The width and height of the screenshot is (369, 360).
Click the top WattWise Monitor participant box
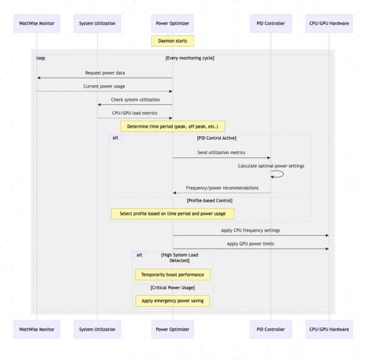37,23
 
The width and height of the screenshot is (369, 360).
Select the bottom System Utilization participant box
97,329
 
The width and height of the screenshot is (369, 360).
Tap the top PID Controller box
271,23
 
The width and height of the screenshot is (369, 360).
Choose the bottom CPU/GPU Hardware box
329,329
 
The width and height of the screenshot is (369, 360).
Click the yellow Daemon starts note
172,41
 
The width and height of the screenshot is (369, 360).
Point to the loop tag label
40,58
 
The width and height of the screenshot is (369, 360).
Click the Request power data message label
105,73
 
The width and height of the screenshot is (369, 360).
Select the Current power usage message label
104,86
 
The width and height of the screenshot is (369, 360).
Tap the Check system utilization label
135,100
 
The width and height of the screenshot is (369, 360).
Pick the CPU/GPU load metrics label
135,113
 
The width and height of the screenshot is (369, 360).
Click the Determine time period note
172,127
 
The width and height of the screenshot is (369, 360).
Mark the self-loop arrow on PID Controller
278,174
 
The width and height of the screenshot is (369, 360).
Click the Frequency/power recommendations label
222,188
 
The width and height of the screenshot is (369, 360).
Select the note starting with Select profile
172,213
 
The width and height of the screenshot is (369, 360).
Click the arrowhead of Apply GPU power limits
326,248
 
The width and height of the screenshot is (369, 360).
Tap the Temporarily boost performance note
172,275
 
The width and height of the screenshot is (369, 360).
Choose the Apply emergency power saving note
172,301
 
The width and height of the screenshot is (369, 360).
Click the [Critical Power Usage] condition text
172,288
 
